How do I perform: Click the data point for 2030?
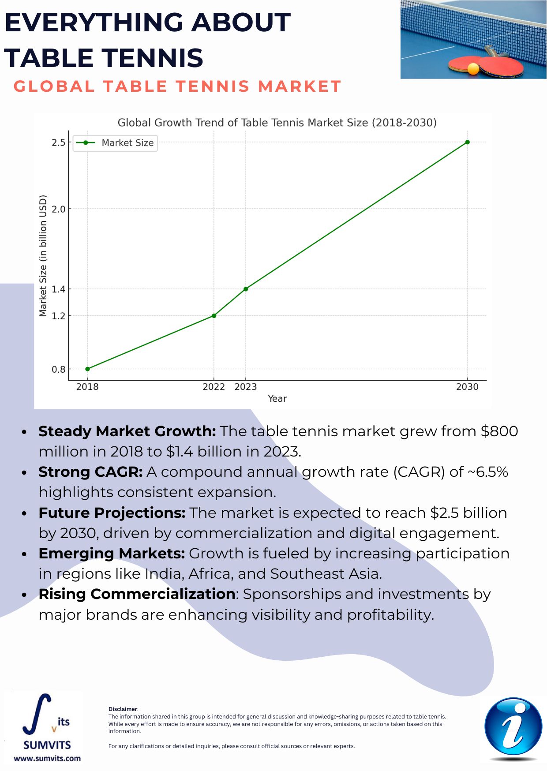point(467,142)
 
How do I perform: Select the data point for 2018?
point(87,369)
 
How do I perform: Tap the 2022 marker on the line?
point(214,315)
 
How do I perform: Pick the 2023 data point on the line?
point(246,289)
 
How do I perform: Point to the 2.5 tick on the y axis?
point(59,142)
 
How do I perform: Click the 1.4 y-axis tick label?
point(59,289)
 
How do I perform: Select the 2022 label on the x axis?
point(214,387)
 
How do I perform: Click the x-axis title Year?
point(277,399)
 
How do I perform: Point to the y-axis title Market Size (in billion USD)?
point(43,255)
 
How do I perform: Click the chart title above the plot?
point(277,123)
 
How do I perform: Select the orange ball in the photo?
point(473,69)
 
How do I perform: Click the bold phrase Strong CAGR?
point(90,472)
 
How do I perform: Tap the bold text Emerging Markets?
point(112,554)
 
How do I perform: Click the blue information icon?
point(513,727)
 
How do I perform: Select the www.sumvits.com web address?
point(47,759)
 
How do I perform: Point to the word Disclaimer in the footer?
point(123,709)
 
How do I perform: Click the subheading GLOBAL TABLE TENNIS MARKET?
point(177,86)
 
